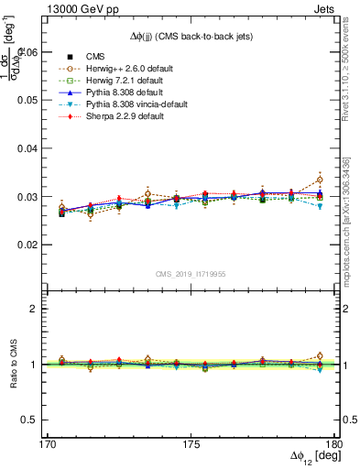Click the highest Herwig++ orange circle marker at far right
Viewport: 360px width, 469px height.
(x=319, y=180)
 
